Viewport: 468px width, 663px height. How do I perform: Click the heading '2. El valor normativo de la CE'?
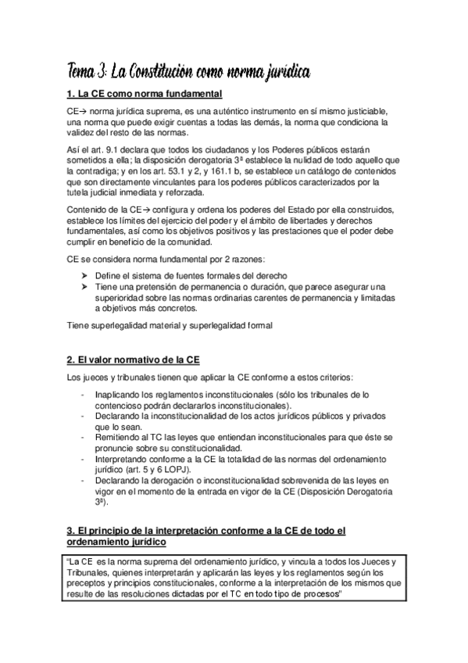click(134, 360)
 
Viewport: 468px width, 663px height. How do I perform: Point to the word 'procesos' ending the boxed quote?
click(322, 594)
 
